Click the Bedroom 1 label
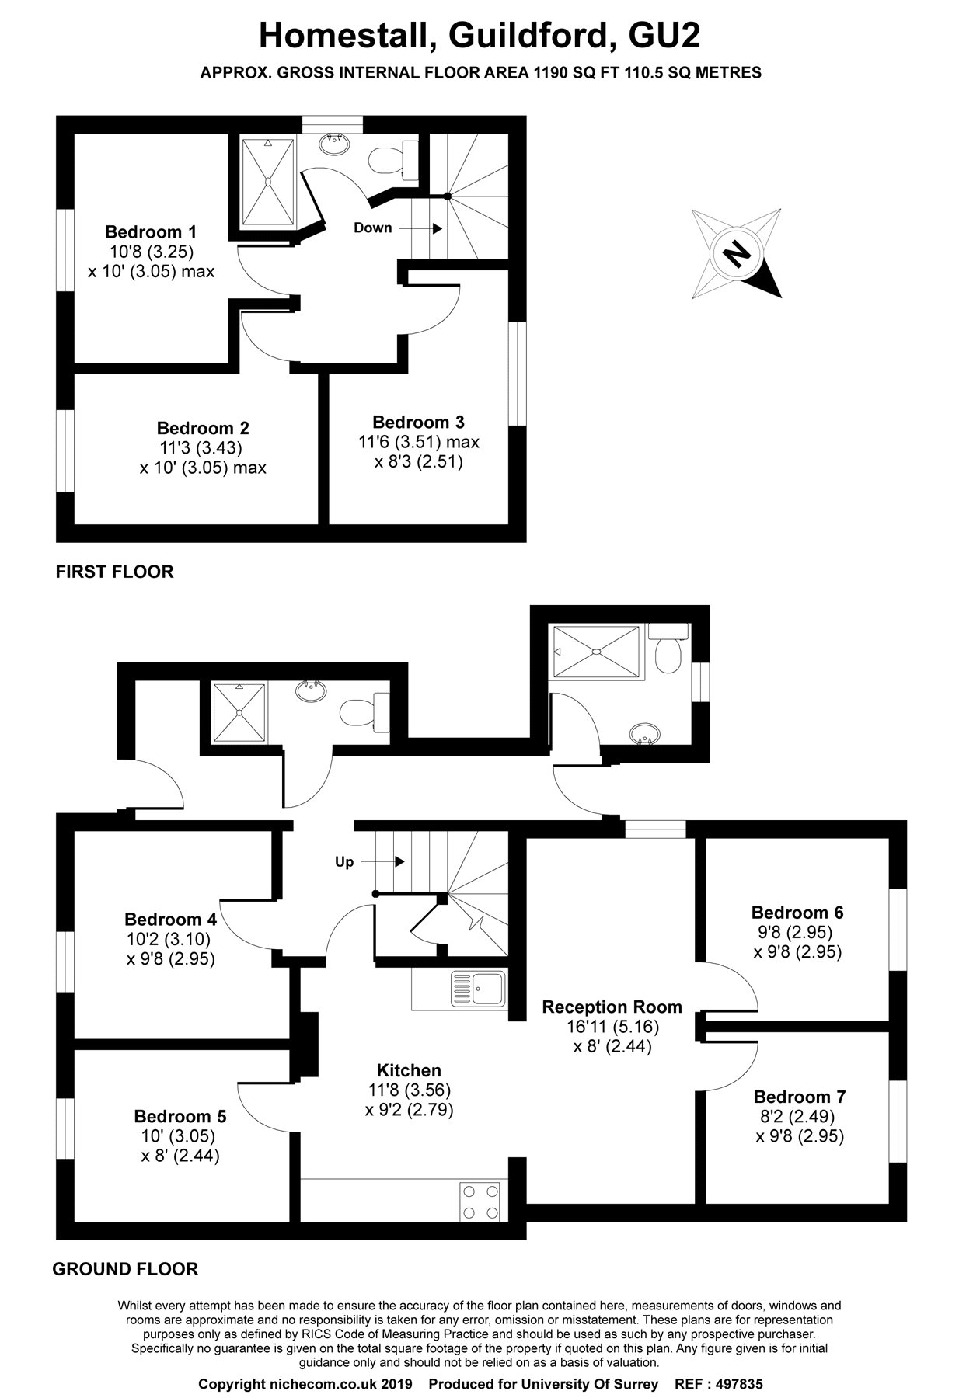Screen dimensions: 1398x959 pyautogui.click(x=151, y=231)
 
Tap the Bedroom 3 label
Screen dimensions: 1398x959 pyautogui.click(x=418, y=423)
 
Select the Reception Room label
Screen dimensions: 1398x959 pyautogui.click(x=612, y=1007)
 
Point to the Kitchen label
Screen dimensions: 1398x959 pyautogui.click(x=409, y=1070)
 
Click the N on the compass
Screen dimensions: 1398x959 pyautogui.click(x=737, y=253)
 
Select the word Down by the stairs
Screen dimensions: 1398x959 pyautogui.click(x=372, y=228)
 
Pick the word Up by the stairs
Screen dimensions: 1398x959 pyautogui.click(x=343, y=862)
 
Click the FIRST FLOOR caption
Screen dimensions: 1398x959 pyautogui.click(x=114, y=572)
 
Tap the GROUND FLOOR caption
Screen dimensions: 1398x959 pyautogui.click(x=125, y=1269)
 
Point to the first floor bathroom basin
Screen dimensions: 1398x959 pyautogui.click(x=336, y=142)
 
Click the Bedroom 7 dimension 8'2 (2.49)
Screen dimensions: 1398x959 pyautogui.click(x=799, y=1117)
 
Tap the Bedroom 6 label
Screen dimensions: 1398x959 pyautogui.click(x=797, y=913)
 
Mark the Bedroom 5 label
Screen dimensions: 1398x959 pyautogui.click(x=180, y=1117)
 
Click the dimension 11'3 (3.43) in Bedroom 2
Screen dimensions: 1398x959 pyautogui.click(x=202, y=448)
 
